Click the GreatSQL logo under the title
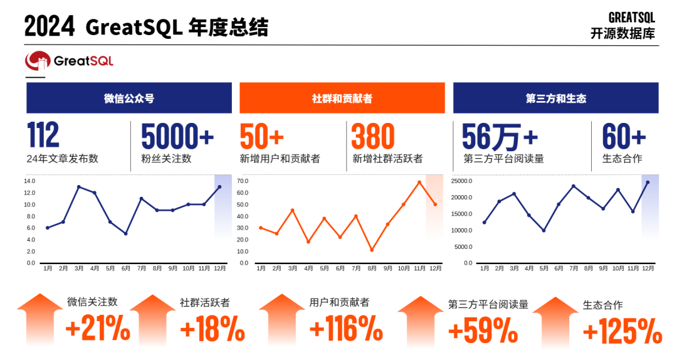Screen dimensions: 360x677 (x=69, y=61)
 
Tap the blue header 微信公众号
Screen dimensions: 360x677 (x=129, y=98)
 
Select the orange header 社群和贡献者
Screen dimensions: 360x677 (x=342, y=98)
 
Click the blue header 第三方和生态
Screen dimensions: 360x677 (x=555, y=98)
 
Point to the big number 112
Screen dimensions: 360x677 (x=43, y=136)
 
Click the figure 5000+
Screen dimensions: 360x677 (x=177, y=136)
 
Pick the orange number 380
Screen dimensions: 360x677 (x=373, y=136)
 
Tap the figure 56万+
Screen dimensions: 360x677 (x=500, y=136)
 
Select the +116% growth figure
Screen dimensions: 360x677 (x=346, y=329)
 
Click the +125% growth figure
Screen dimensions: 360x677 (x=622, y=331)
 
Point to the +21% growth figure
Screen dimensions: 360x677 (x=97, y=329)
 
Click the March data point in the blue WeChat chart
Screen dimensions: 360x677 (x=79, y=187)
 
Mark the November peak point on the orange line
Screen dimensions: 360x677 (x=419, y=182)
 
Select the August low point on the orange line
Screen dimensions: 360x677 (x=372, y=250)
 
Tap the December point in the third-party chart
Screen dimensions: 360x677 (x=648, y=183)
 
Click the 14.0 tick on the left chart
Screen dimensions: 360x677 (x=29, y=181)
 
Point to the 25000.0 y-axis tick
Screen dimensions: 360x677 (x=461, y=181)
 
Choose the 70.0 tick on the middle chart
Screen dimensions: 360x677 (x=243, y=181)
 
